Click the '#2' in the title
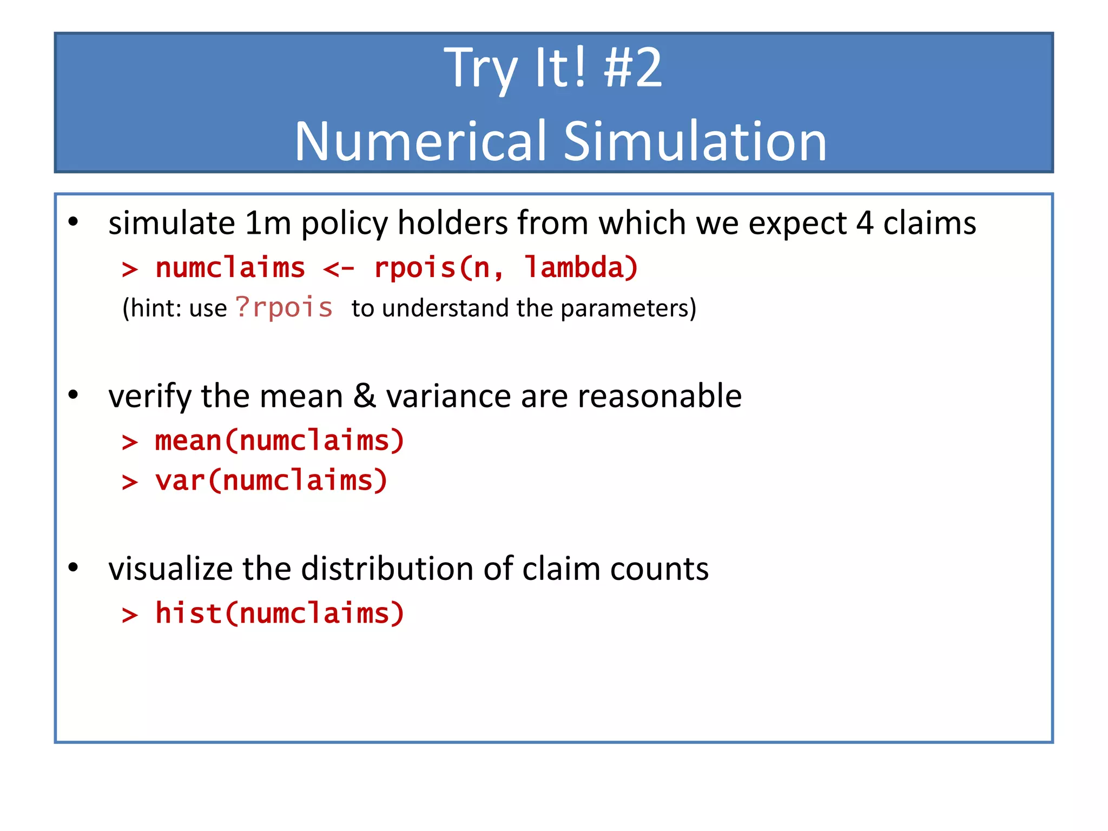(632, 68)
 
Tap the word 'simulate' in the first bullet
(172, 223)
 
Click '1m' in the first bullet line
(268, 223)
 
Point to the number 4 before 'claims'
(865, 223)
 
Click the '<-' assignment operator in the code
(339, 268)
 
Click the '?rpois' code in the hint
(284, 308)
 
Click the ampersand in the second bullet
(365, 396)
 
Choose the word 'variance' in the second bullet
(448, 396)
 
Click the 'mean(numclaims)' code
(279, 440)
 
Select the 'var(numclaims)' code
(271, 481)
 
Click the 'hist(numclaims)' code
(279, 614)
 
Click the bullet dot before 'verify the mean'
(74, 395)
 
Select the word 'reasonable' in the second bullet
(659, 396)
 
